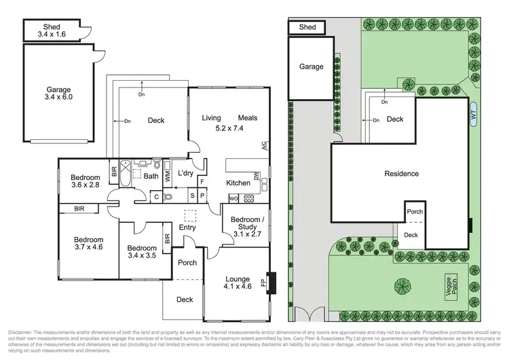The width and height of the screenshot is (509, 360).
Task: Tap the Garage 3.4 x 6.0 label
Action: (58, 93)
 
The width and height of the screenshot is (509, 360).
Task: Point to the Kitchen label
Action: (238, 183)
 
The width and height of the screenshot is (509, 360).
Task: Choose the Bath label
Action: (150, 175)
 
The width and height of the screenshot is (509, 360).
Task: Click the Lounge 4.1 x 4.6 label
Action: (237, 282)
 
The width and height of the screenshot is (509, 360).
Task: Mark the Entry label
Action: (188, 228)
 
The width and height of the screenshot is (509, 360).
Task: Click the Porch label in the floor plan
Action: (187, 263)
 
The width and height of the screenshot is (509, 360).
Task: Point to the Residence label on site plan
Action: (401, 173)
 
